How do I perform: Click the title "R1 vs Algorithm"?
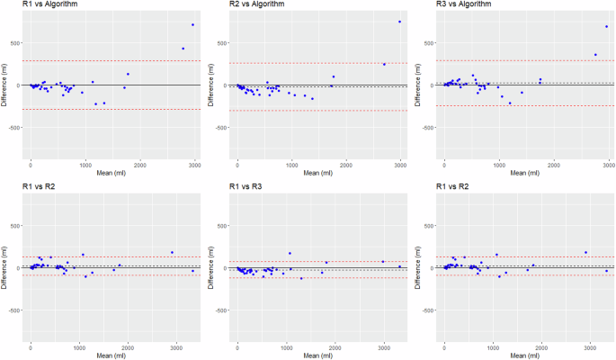click(x=49, y=5)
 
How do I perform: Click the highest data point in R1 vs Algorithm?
click(x=192, y=25)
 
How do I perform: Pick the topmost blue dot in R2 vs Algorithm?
click(x=399, y=22)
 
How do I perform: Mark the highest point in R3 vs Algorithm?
click(x=607, y=26)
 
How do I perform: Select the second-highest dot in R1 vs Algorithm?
click(x=183, y=49)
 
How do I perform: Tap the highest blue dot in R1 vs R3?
click(x=290, y=253)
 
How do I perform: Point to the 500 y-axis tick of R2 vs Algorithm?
click(x=220, y=42)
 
